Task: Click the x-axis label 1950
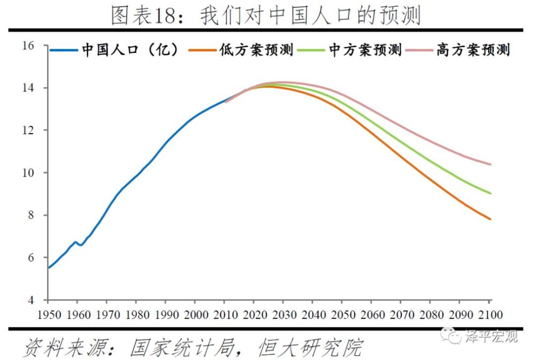49,313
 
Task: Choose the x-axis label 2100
490,313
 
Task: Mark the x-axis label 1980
137,313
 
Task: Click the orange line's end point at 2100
490,219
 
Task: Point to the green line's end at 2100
490,193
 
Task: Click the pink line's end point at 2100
490,164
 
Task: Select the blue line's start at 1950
49,267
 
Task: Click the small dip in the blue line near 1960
81,245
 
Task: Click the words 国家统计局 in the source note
182,348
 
